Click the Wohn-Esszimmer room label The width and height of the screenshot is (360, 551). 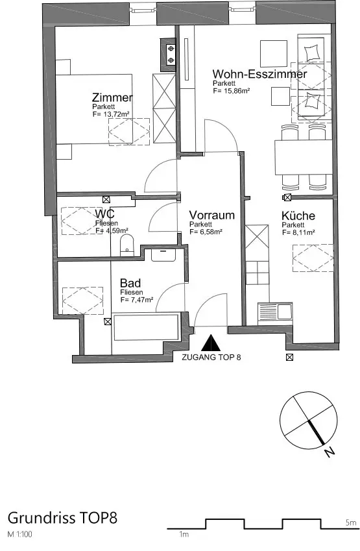click(x=260, y=74)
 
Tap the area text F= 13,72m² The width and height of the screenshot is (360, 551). click(x=112, y=114)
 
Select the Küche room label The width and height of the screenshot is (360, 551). click(x=298, y=215)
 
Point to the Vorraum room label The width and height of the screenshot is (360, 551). click(x=212, y=215)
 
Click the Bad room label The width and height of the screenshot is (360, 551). click(x=130, y=283)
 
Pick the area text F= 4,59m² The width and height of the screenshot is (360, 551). click(x=112, y=230)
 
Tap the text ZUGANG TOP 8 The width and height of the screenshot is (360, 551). click(x=211, y=358)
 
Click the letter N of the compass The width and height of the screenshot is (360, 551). click(x=329, y=452)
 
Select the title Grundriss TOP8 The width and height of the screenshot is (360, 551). click(x=62, y=518)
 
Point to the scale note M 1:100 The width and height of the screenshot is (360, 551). click(x=19, y=535)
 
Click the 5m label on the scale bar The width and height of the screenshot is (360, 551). click(x=351, y=523)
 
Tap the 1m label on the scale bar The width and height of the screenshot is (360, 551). click(x=184, y=535)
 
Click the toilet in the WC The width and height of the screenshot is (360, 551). click(x=126, y=245)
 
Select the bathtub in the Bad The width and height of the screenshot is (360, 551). click(x=145, y=327)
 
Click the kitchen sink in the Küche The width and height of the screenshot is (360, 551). click(x=275, y=312)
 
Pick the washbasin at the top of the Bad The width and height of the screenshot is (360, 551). click(x=163, y=255)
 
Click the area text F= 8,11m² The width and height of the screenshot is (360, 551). click(x=298, y=232)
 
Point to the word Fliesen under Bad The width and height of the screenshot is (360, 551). click(x=132, y=292)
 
